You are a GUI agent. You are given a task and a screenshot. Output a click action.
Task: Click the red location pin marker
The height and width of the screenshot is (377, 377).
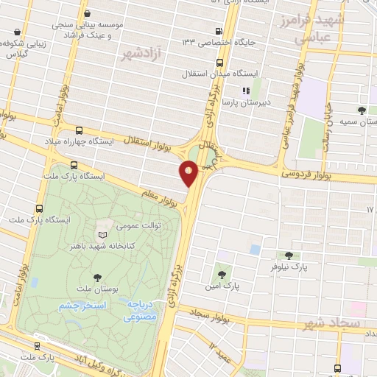pos(188,174)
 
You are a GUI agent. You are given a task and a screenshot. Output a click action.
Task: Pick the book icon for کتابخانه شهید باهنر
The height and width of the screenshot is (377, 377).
pos(102,235)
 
